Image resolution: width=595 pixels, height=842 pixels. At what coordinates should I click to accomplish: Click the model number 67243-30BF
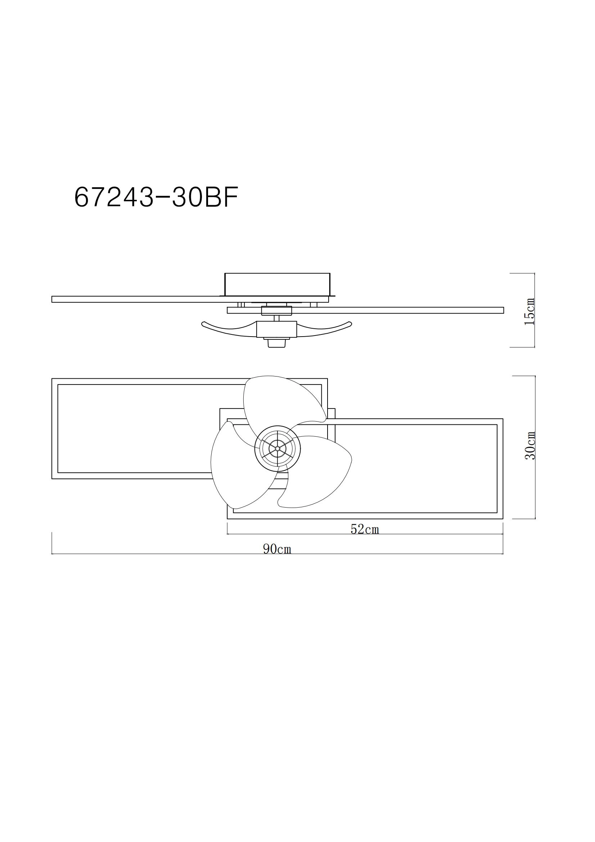[x=156, y=197]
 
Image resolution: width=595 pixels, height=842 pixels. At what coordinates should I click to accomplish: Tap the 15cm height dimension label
[x=529, y=312]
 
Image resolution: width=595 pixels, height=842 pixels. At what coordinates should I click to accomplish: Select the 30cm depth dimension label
[x=530, y=446]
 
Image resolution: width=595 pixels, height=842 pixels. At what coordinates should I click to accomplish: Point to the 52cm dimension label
[x=364, y=529]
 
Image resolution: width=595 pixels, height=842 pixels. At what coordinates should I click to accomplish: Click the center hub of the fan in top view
[x=278, y=448]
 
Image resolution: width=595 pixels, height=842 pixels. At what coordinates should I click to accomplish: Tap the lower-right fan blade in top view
[x=319, y=473]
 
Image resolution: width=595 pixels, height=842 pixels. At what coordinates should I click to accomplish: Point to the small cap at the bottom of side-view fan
[x=277, y=343]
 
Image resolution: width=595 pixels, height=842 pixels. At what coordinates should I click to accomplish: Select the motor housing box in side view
[x=276, y=329]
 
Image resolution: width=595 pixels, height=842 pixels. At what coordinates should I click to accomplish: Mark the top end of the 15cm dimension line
[x=534, y=274]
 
